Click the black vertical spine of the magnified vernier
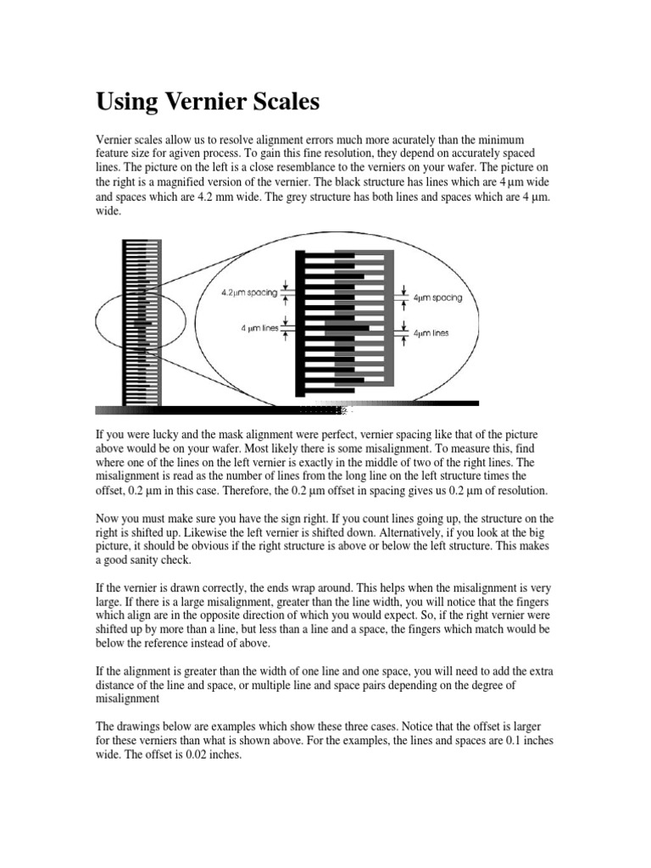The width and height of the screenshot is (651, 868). point(300,322)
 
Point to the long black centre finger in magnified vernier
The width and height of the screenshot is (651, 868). point(339,326)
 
